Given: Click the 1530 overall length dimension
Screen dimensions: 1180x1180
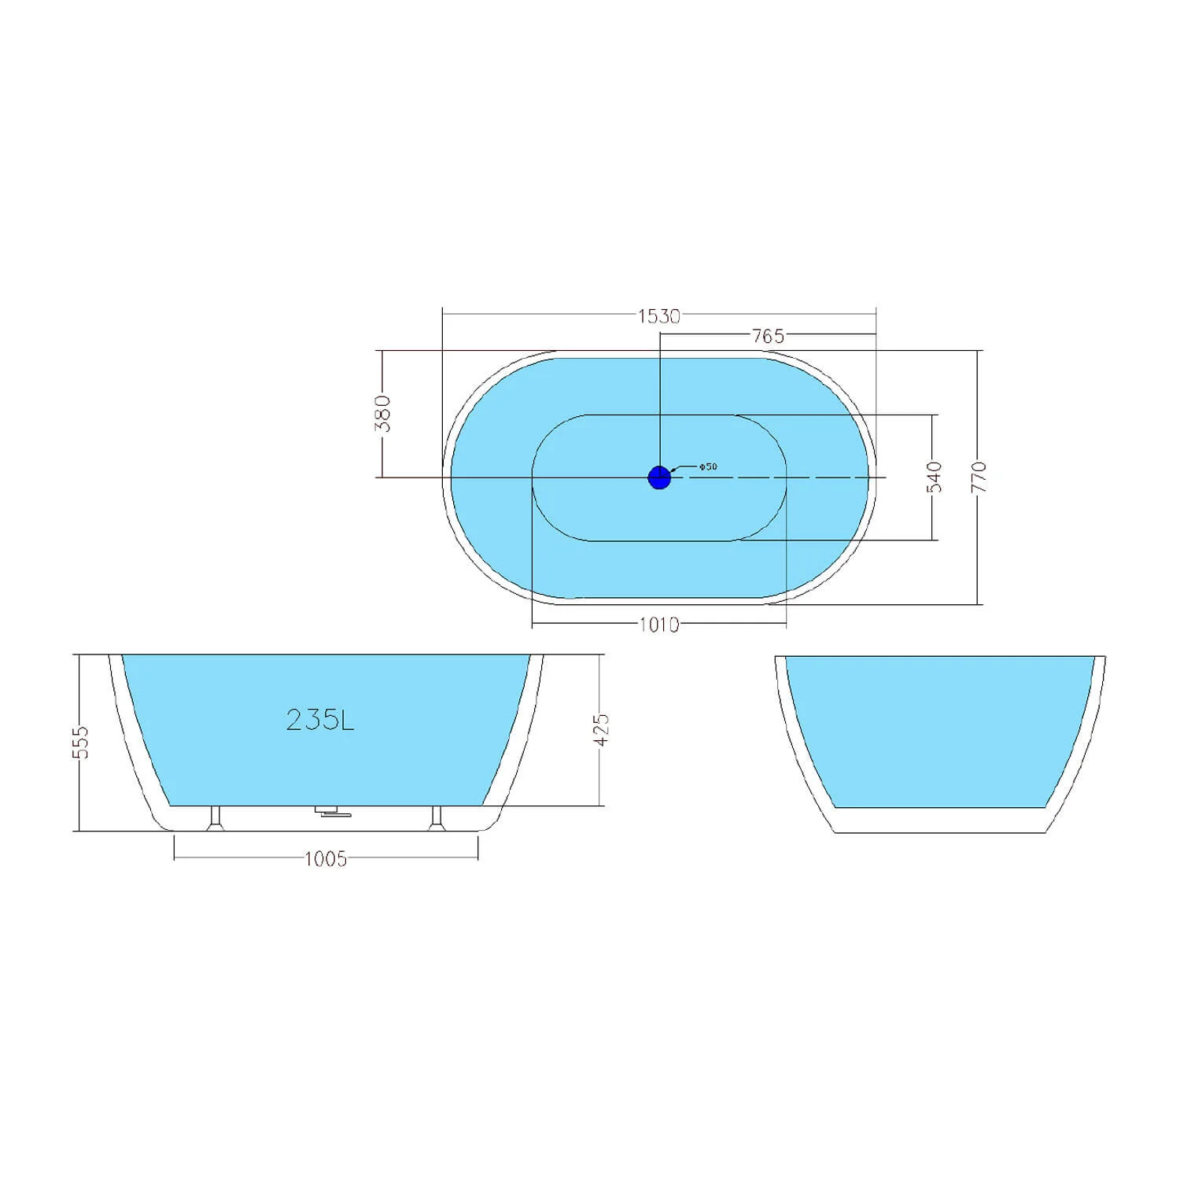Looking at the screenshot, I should pos(658,316).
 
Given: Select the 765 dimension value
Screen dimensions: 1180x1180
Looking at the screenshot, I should pos(768,336).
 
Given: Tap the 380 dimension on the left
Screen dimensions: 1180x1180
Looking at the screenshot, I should pos(383,414).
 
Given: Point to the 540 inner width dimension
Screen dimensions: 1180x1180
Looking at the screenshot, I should pos(934,478).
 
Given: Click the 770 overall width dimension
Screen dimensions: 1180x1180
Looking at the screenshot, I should pos(979,478).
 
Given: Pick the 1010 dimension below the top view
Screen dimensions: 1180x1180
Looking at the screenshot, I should pos(658,625).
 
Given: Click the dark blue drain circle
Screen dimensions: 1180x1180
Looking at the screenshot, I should pos(659,477).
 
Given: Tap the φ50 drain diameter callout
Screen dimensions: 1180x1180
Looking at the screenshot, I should pos(707,466).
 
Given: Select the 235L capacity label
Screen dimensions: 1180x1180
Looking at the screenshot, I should pos(320,720).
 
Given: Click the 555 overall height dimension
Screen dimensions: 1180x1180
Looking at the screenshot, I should pos(81,742).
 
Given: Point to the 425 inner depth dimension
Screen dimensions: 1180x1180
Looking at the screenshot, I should pos(601,729).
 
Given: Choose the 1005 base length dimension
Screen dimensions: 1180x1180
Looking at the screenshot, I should pos(326,859).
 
